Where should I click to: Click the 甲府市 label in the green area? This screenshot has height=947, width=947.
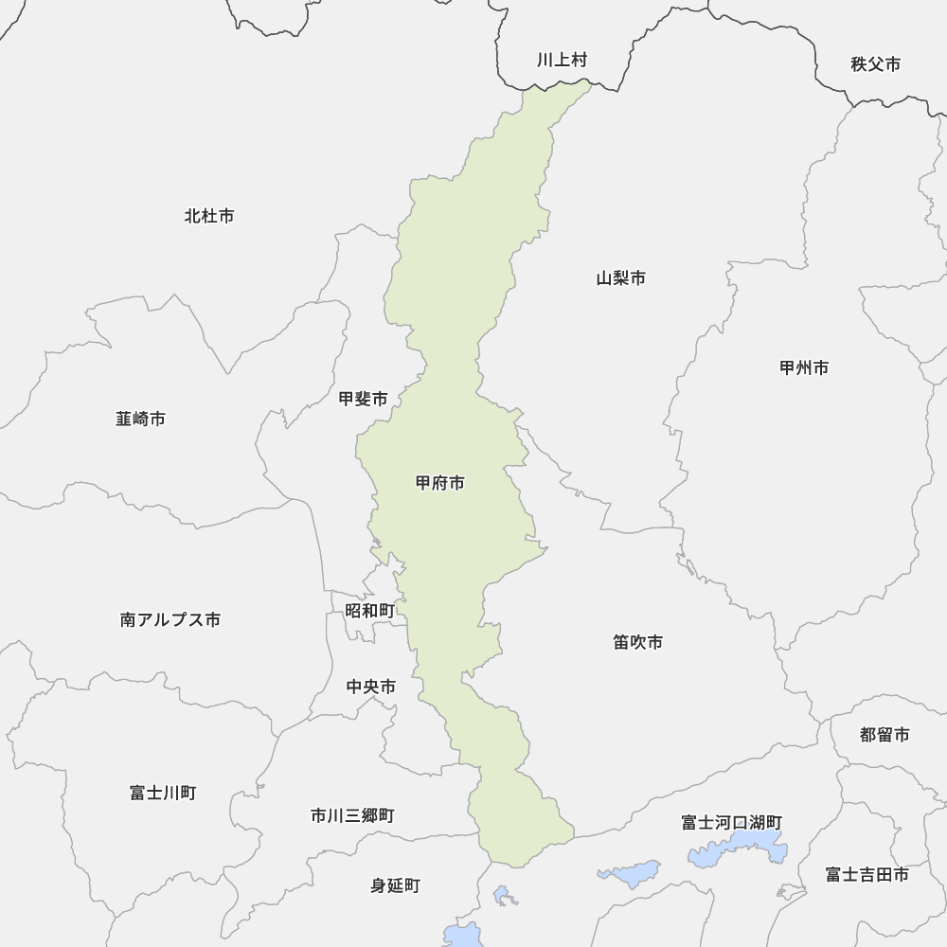tap(440, 483)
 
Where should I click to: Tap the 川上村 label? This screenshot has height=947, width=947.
tap(562, 61)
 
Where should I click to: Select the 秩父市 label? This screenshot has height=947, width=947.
tap(875, 64)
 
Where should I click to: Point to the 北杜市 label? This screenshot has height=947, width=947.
tap(209, 216)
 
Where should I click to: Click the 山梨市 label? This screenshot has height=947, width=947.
tap(621, 278)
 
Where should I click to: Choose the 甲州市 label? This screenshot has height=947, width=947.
tap(804, 367)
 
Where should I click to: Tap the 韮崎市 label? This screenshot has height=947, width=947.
tap(140, 418)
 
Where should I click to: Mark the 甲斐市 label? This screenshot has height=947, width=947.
tap(364, 400)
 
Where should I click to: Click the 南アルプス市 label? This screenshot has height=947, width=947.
tap(170, 619)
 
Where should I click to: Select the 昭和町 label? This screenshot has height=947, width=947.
tap(369, 611)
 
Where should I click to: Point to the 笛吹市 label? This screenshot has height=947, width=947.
tap(637, 642)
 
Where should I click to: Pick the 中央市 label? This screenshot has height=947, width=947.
tap(371, 687)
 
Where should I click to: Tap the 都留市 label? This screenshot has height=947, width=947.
tap(884, 735)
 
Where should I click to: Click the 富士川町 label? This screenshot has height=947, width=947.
tap(163, 793)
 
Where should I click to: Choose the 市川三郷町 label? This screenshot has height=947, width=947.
tap(352, 815)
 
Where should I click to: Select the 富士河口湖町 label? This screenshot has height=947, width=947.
tap(731, 822)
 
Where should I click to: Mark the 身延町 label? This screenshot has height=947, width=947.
tap(395, 886)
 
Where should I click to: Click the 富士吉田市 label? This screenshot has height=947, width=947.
tap(867, 874)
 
